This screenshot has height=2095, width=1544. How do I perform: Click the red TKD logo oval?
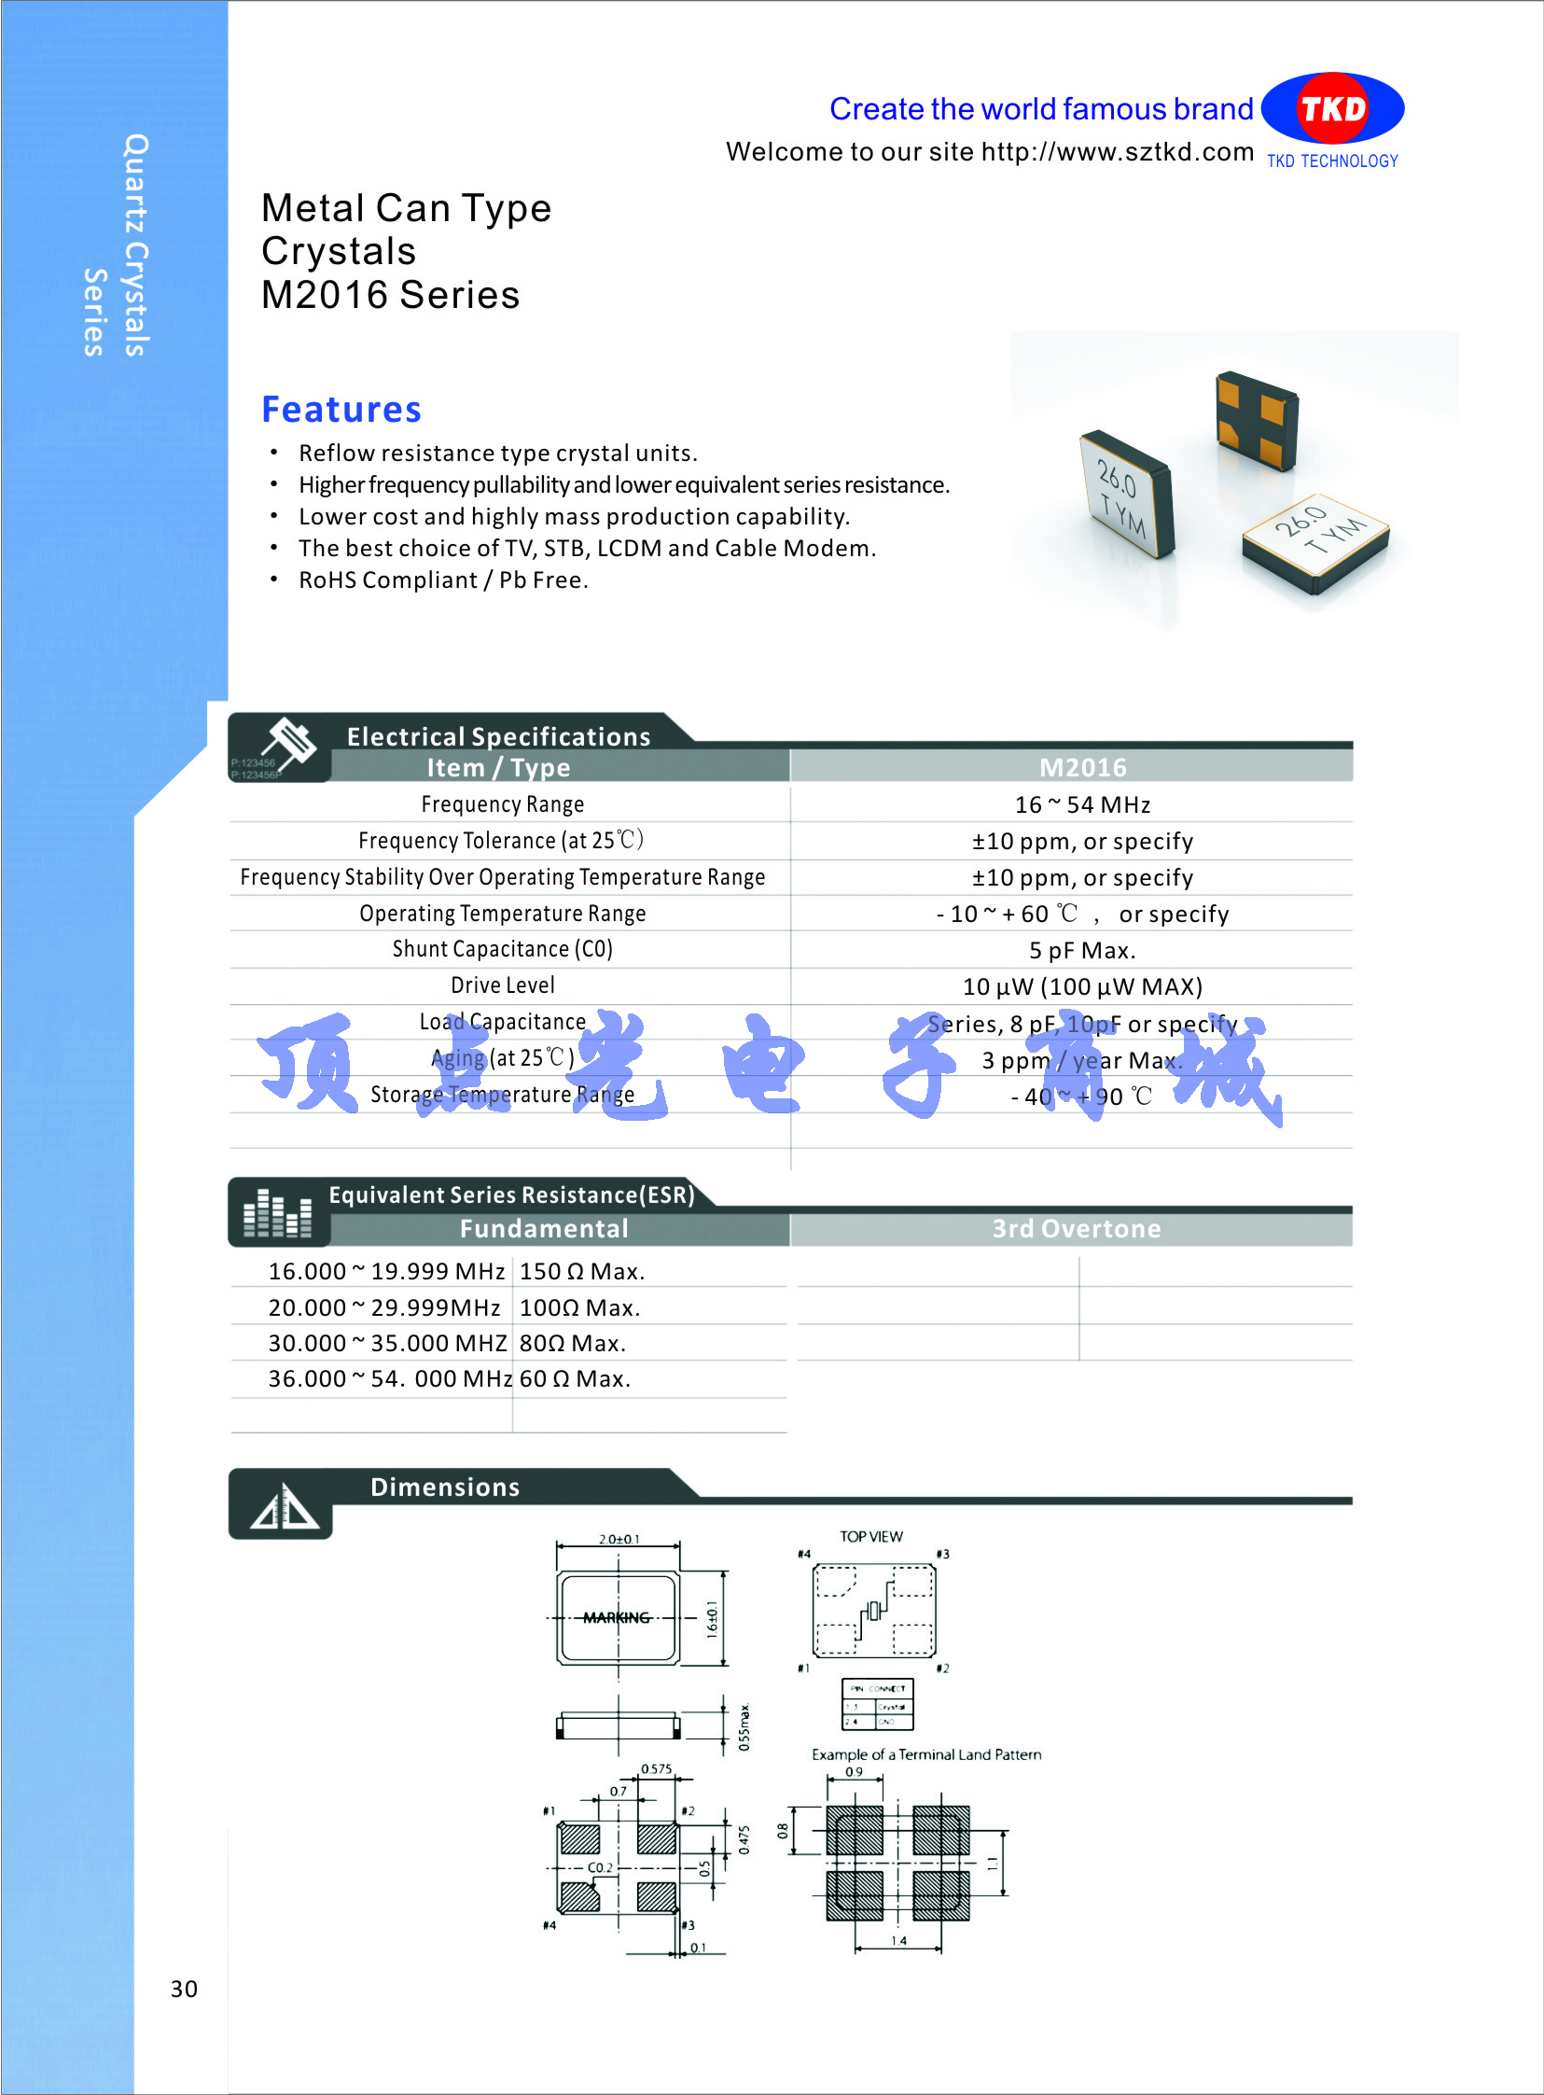[x=1332, y=108]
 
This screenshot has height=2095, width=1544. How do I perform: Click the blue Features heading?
[x=341, y=410]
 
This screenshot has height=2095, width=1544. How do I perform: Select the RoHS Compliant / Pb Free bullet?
[x=443, y=580]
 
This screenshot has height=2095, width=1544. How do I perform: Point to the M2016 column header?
[x=1082, y=767]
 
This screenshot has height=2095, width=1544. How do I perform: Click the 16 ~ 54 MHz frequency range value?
[x=1082, y=805]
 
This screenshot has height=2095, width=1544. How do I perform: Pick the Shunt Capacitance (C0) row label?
[x=502, y=949]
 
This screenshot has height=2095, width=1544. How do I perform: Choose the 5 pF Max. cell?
[x=1082, y=951]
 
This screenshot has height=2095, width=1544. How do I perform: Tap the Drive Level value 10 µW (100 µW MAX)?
[x=1082, y=987]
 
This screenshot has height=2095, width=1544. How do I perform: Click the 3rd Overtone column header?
[x=1076, y=1228]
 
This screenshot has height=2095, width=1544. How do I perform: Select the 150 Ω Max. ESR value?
[x=581, y=1271]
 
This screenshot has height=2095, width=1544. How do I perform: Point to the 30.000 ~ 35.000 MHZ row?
[x=387, y=1344]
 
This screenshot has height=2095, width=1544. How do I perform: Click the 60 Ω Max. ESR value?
[x=575, y=1379]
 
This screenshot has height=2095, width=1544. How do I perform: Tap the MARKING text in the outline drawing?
[x=616, y=1618]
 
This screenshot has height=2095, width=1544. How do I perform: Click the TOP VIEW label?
[x=870, y=1537]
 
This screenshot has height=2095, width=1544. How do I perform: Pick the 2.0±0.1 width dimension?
[x=619, y=1539]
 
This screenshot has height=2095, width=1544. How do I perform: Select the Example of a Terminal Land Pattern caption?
[x=925, y=1754]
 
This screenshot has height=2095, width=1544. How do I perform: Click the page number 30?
[x=183, y=1990]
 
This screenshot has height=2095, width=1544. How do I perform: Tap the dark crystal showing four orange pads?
[x=1255, y=421]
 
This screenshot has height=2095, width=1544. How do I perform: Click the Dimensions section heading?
[x=445, y=1487]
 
